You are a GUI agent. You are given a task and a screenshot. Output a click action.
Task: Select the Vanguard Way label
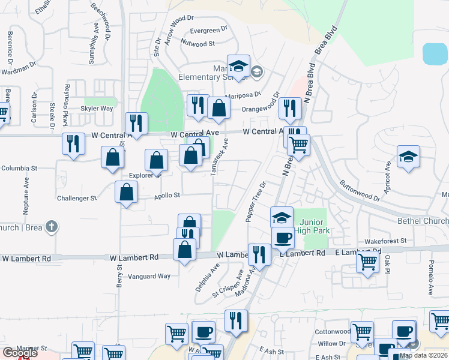click(150, 277)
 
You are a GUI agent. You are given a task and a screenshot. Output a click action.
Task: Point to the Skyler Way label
click(97, 109)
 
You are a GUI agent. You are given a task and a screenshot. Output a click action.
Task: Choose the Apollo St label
click(167, 196)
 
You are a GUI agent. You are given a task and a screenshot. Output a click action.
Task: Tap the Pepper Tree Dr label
click(255, 201)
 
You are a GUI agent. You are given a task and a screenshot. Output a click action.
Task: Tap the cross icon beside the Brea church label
click(52, 227)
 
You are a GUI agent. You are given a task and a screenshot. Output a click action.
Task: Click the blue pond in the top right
click(435, 54)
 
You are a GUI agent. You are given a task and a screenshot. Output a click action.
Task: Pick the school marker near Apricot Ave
click(408, 157)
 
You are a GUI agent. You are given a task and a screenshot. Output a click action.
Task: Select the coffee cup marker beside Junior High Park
click(282, 238)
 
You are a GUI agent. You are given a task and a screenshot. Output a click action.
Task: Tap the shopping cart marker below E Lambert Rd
click(367, 261)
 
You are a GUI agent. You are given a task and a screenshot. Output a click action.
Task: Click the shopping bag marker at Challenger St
click(126, 193)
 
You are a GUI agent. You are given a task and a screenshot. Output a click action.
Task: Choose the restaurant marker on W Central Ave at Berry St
click(136, 124)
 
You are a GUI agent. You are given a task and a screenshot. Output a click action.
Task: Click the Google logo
click(20, 353)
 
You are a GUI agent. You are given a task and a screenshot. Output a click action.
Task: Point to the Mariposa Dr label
click(244, 94)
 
